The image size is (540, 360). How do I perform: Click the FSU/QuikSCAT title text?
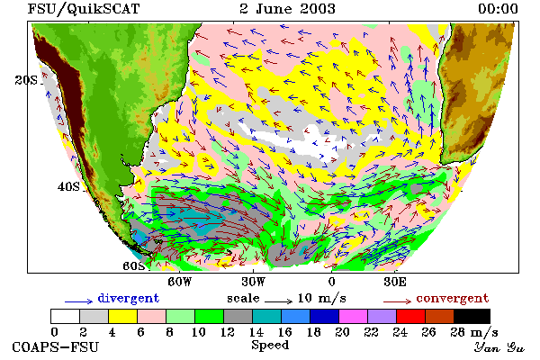(x=84, y=9)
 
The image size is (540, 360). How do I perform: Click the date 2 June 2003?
(x=287, y=9)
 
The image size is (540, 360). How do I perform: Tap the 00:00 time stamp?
(x=498, y=9)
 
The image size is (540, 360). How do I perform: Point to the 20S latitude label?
(x=26, y=80)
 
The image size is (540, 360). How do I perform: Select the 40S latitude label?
(x=68, y=186)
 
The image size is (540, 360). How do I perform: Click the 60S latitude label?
(x=134, y=266)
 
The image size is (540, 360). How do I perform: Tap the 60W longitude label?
(x=180, y=282)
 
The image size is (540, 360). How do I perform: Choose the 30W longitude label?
(x=254, y=282)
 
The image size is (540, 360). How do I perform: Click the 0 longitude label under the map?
(x=331, y=282)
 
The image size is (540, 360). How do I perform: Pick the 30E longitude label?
(x=395, y=282)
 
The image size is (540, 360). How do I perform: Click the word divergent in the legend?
(x=129, y=298)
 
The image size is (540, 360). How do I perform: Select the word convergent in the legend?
(x=453, y=298)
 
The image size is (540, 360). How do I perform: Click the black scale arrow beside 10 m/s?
(x=279, y=301)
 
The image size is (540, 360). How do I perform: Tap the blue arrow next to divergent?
(x=78, y=301)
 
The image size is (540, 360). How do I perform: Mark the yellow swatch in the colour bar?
(x=123, y=316)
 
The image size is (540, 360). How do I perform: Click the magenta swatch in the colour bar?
(x=354, y=316)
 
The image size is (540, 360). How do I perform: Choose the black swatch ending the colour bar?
(x=472, y=316)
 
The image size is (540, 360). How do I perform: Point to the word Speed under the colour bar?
(x=270, y=346)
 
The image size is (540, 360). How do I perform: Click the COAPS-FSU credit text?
(x=56, y=346)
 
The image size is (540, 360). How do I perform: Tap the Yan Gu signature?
(x=499, y=347)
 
